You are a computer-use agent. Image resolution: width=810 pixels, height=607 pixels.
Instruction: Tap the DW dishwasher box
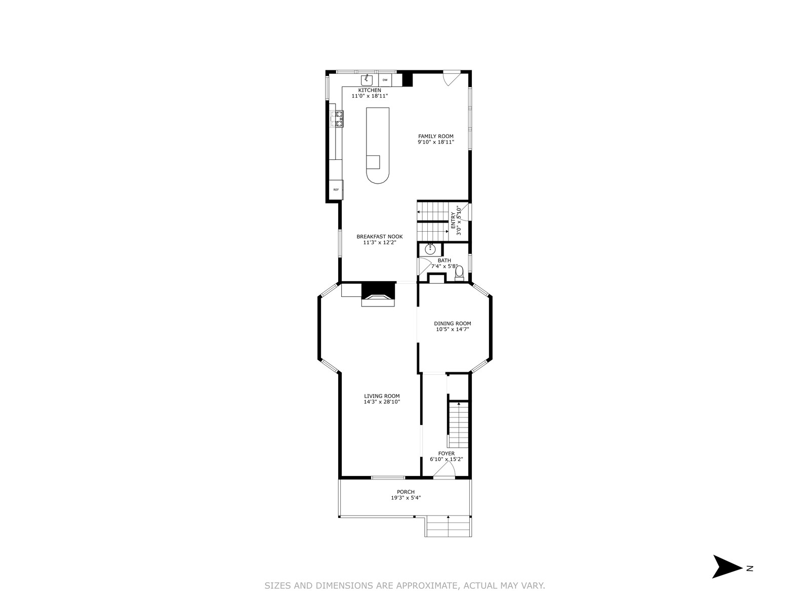[x=385, y=80]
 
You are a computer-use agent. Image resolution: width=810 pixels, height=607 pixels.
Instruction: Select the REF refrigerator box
[x=336, y=190]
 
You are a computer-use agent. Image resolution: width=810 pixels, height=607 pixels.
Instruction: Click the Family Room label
[x=436, y=137]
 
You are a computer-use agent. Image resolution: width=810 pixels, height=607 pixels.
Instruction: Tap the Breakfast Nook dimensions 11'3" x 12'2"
[x=380, y=242]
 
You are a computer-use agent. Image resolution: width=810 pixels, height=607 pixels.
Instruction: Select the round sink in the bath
[x=430, y=249]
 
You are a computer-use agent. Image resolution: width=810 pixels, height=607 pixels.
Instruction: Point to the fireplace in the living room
[x=378, y=294]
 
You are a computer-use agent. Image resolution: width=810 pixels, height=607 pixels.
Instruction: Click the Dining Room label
[x=453, y=324]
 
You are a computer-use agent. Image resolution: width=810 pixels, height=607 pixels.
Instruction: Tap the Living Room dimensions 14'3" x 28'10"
[x=382, y=402]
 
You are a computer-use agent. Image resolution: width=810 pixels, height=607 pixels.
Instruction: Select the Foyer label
[x=447, y=453]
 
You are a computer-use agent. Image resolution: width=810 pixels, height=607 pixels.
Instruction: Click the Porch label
[x=406, y=492]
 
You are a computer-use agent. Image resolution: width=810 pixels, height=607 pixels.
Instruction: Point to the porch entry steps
[x=448, y=526]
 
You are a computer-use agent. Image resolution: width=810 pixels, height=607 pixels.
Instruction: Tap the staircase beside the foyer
[x=459, y=424]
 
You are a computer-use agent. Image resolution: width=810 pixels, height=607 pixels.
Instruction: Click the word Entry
[x=453, y=221]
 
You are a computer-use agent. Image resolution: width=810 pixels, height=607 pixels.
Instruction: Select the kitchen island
[x=378, y=145]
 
